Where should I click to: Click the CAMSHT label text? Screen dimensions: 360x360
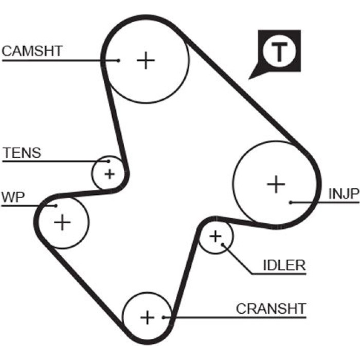32,51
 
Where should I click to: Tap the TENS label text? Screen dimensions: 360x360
22,153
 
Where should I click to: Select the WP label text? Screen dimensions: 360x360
13,197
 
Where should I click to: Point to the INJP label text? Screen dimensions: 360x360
344,193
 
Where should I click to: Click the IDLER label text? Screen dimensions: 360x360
284,265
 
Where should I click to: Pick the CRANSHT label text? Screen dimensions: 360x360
271,309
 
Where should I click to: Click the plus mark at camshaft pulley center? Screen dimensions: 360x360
146,60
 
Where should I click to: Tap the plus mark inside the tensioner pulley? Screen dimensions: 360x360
110,174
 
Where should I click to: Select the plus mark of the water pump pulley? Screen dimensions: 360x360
62,222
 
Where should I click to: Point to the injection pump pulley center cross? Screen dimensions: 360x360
276,184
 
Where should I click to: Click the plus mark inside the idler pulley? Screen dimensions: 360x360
215,237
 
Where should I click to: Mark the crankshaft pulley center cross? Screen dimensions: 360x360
148,318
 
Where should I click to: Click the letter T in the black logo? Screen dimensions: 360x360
279,51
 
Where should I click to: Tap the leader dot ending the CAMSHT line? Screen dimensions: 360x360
118,61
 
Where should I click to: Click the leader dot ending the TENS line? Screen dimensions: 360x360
109,161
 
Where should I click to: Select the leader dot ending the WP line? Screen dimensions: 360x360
56,206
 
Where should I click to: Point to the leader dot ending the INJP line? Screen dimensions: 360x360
291,203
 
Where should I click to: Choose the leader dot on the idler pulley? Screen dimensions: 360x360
222,244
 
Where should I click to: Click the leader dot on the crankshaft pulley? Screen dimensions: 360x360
164,317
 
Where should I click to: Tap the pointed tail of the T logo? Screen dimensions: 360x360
249,79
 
